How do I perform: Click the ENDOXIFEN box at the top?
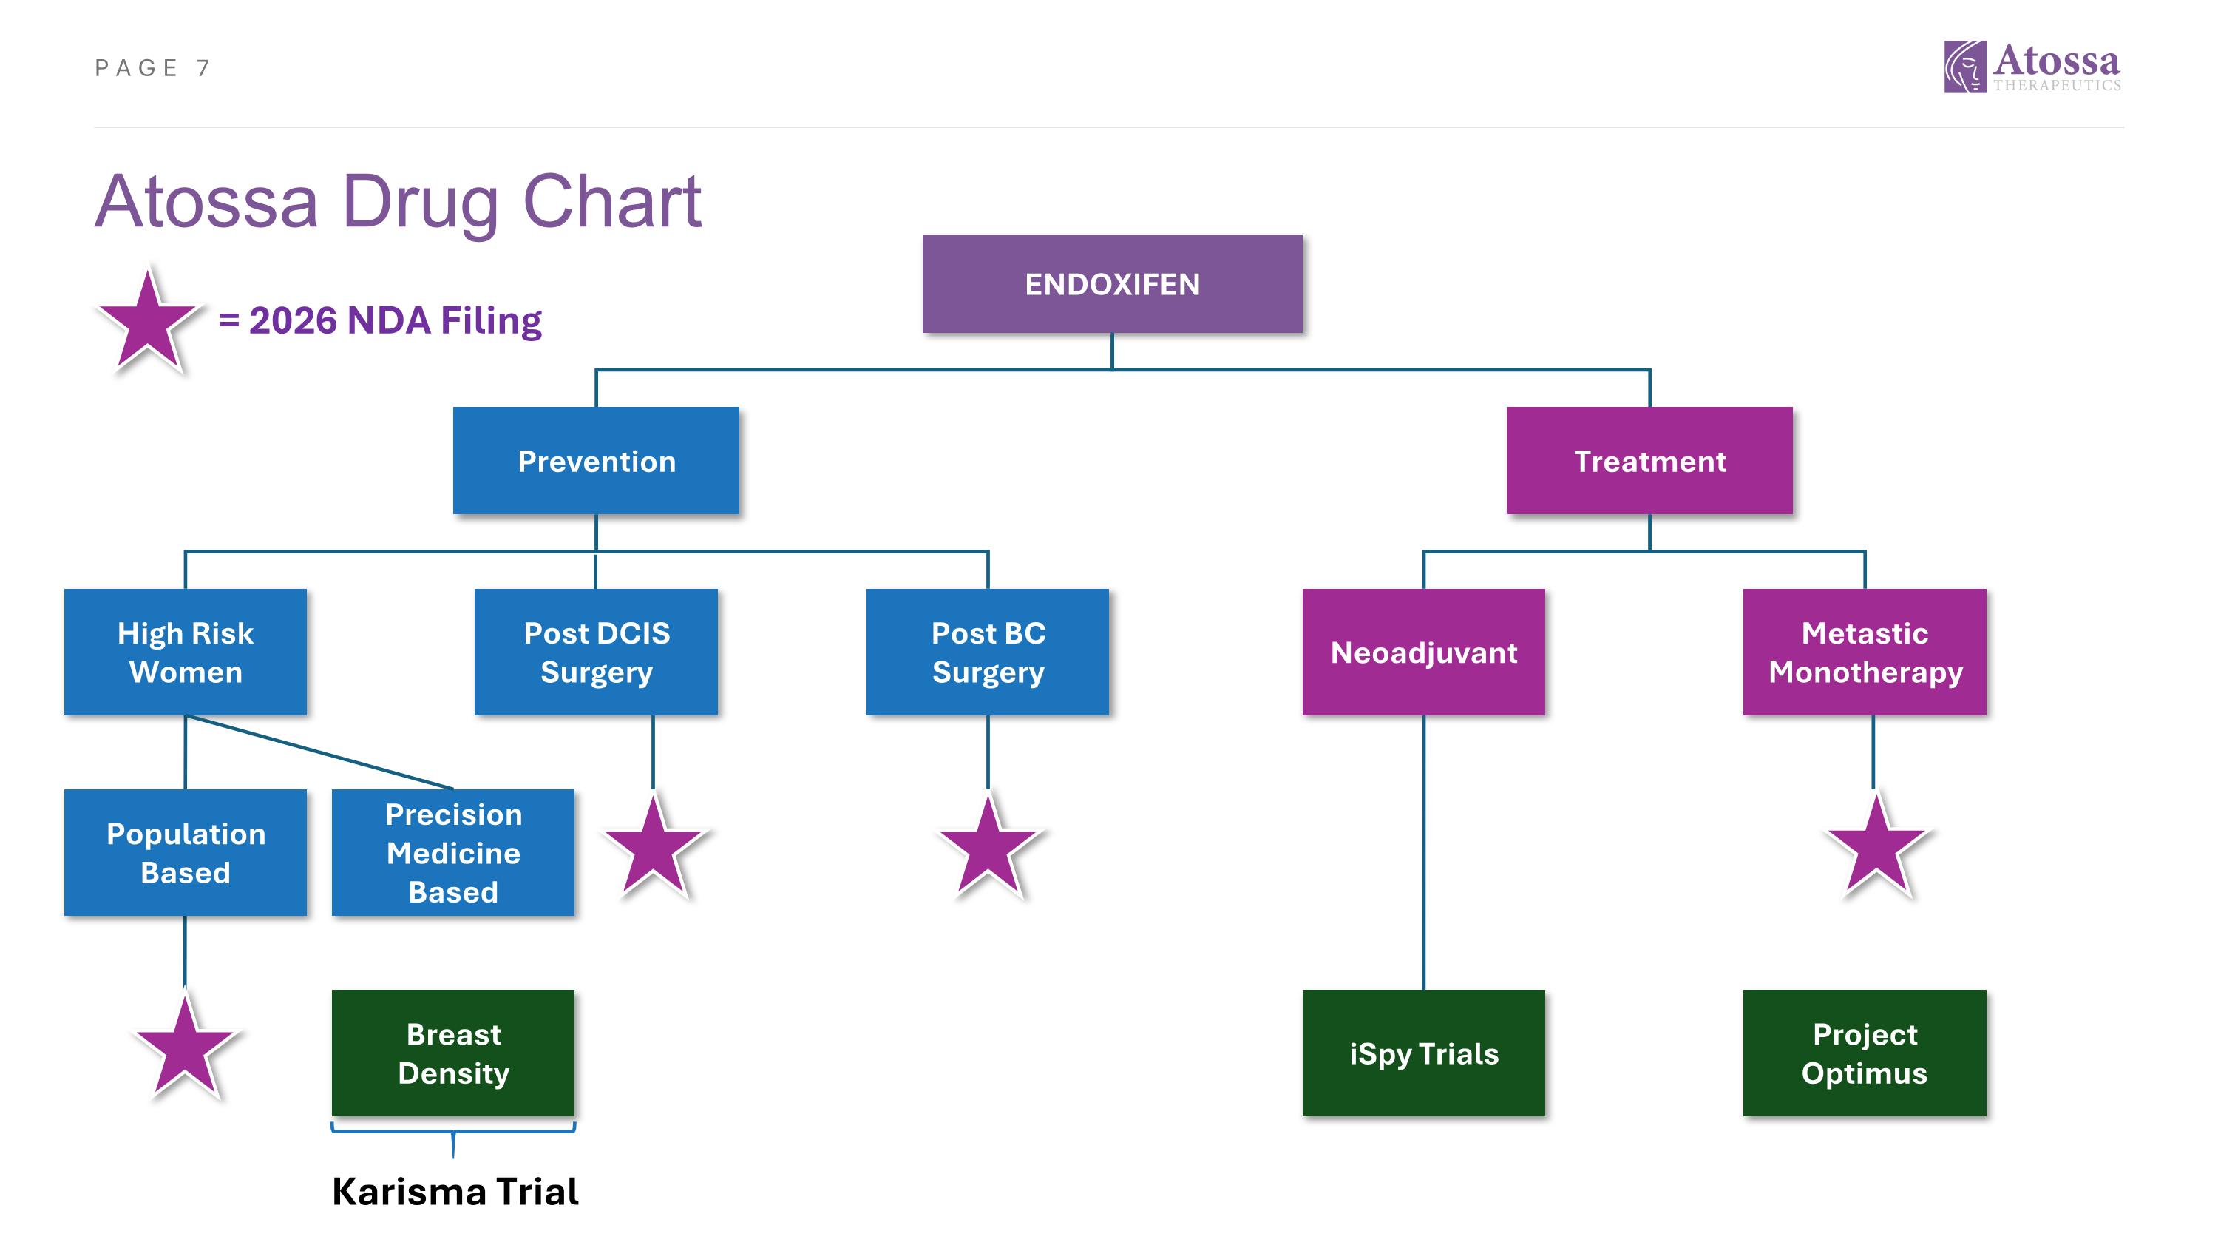(x=1111, y=283)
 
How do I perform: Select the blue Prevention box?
(x=596, y=461)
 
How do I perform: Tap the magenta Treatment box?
(x=1649, y=461)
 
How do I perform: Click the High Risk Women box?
(x=185, y=652)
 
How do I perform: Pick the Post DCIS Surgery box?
(x=596, y=652)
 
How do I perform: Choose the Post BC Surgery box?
(x=988, y=652)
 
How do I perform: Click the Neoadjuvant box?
(x=1423, y=652)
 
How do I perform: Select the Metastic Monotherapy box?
(x=1864, y=652)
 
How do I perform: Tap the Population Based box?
(x=185, y=853)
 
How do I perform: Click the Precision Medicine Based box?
(x=453, y=853)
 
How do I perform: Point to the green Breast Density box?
(x=453, y=1053)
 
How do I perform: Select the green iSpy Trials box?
(x=1423, y=1053)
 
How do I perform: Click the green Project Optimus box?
(x=1864, y=1053)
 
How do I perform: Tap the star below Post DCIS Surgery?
(x=654, y=849)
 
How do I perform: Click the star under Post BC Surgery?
(x=988, y=849)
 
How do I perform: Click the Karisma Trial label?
(x=455, y=1191)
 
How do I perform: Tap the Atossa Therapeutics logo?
(x=2032, y=67)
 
